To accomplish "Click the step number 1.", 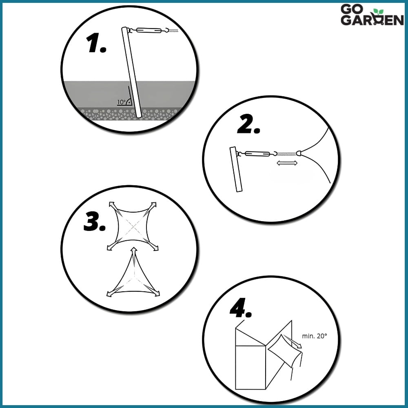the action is click(x=96, y=43).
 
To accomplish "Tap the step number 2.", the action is click(x=248, y=124).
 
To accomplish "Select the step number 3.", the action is click(x=95, y=222).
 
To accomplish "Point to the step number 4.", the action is click(x=241, y=308).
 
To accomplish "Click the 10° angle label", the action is click(x=121, y=102).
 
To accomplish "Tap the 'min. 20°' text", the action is click(x=314, y=336).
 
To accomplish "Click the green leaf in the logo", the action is click(x=378, y=12).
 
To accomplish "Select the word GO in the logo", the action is click(x=352, y=9).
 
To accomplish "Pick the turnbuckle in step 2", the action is click(x=257, y=153).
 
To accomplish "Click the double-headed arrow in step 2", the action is click(x=287, y=163).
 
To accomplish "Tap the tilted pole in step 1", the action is click(x=131, y=72).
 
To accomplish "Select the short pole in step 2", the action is click(x=236, y=169).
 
